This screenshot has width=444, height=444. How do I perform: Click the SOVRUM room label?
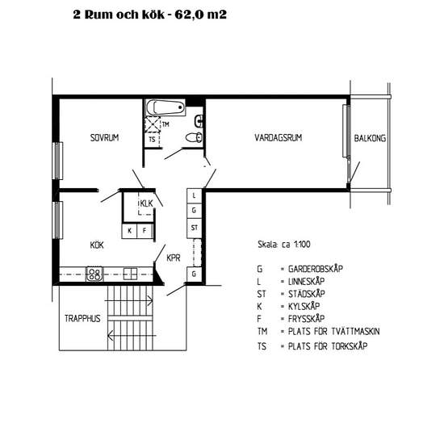pyautogui.click(x=104, y=137)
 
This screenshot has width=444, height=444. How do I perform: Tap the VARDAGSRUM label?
pyautogui.click(x=278, y=137)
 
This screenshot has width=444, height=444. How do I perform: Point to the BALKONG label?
pyautogui.click(x=370, y=138)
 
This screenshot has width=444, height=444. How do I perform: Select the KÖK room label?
pyautogui.click(x=97, y=245)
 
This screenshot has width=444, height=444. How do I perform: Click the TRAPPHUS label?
pyautogui.click(x=82, y=319)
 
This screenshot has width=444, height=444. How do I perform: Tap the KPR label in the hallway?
pyautogui.click(x=174, y=258)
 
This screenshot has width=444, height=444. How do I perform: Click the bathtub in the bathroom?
pyautogui.click(x=165, y=107)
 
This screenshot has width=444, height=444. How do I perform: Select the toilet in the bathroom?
pyautogui.click(x=195, y=137)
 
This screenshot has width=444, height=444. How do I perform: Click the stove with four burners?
pyautogui.click(x=94, y=274)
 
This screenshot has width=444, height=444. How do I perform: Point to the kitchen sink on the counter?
pyautogui.click(x=130, y=274)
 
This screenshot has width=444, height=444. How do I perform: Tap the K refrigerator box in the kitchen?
pyautogui.click(x=129, y=231)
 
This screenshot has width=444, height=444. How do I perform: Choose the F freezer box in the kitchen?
pyautogui.click(x=145, y=231)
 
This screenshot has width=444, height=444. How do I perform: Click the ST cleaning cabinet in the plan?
pyautogui.click(x=195, y=228)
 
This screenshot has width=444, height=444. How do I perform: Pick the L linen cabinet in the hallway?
pyautogui.click(x=195, y=195)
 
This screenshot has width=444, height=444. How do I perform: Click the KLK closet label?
pyautogui.click(x=146, y=203)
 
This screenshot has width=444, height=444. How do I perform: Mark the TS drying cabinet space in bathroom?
pyautogui.click(x=153, y=140)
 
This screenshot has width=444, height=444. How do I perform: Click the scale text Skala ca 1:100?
pyautogui.click(x=284, y=245)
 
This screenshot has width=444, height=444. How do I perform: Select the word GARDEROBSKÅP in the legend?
pyautogui.click(x=316, y=269)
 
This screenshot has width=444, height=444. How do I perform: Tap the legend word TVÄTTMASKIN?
pyautogui.click(x=355, y=331)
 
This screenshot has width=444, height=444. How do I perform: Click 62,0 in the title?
pyautogui.click(x=189, y=15)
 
